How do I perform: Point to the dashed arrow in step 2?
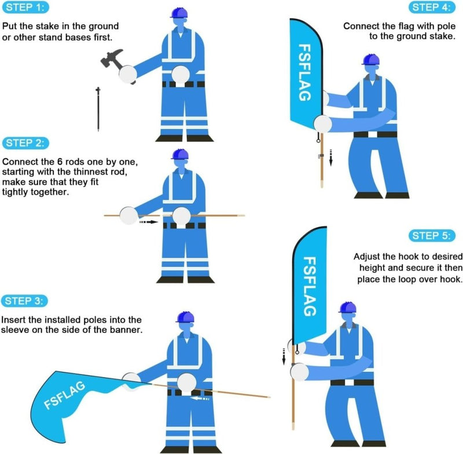pos(149,221)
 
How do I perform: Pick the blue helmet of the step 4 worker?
pos(371,60)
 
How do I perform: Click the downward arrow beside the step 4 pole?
pos(332,157)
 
